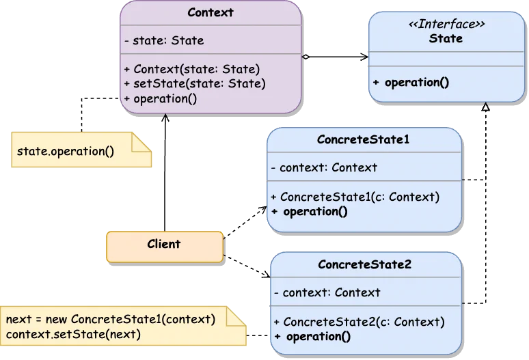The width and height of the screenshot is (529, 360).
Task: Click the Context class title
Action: (x=211, y=12)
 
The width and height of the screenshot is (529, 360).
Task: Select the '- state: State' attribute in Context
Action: (x=164, y=40)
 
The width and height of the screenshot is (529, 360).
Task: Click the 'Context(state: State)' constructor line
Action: (x=191, y=69)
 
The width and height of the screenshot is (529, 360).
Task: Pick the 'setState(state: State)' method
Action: (x=195, y=83)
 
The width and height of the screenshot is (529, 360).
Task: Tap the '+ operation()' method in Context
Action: (x=161, y=98)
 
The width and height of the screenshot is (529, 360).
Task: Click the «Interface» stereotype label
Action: (x=446, y=25)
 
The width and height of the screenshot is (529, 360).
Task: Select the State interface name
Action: (x=446, y=38)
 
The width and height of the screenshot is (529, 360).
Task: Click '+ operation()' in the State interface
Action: (x=411, y=83)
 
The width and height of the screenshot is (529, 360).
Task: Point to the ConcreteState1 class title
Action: (x=364, y=139)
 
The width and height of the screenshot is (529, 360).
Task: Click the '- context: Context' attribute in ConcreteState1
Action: (x=324, y=167)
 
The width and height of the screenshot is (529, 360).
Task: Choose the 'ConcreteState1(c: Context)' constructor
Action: (x=355, y=197)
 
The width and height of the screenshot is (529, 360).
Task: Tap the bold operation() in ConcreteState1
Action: (x=310, y=211)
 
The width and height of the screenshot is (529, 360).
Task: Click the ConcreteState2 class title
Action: (x=365, y=264)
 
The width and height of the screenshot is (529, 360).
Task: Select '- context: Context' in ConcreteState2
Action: (x=327, y=292)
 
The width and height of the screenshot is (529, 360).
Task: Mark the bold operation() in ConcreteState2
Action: (x=312, y=336)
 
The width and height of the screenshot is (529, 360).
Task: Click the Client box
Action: (x=164, y=244)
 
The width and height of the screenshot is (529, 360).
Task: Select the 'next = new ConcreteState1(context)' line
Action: (x=111, y=319)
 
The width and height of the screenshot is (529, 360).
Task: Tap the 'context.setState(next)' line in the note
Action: (x=73, y=334)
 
